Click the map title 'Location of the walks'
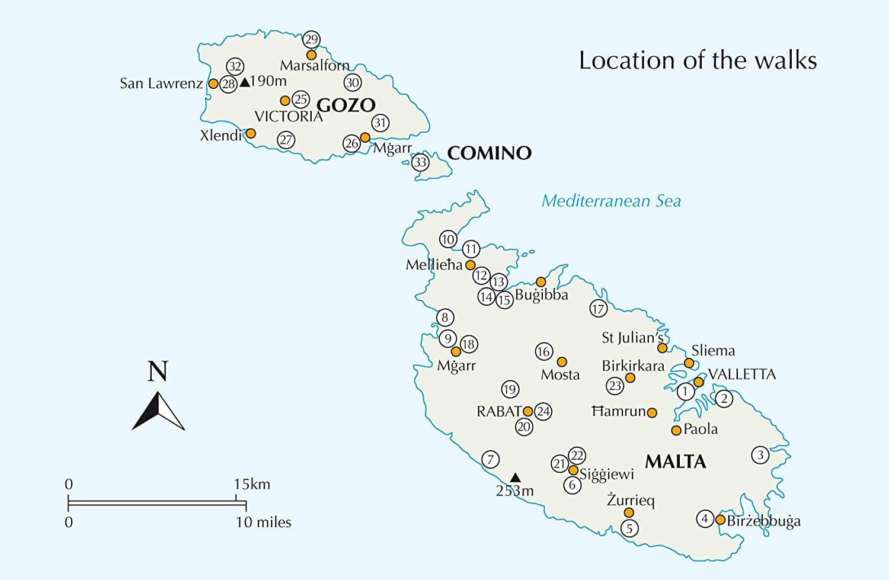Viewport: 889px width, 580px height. [x=698, y=61]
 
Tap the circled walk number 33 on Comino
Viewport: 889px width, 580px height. [x=420, y=162]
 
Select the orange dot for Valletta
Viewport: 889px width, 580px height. [x=699, y=382]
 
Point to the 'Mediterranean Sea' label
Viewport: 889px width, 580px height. [x=611, y=201]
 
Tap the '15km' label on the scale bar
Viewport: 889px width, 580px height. [x=252, y=484]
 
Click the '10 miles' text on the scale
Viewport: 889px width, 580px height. [x=264, y=522]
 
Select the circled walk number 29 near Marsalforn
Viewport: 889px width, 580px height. [x=311, y=40]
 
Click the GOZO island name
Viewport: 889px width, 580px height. [x=346, y=105]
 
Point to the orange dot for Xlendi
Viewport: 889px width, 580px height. [x=251, y=133]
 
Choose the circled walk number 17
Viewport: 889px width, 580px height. [x=599, y=309]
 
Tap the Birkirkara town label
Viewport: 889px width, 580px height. [x=633, y=366]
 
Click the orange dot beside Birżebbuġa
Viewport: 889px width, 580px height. [x=720, y=520]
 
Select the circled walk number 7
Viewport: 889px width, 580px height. [x=490, y=459]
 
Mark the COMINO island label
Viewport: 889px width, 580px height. [x=489, y=153]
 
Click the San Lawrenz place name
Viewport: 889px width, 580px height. [x=161, y=84]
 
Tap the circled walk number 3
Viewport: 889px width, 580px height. [x=760, y=455]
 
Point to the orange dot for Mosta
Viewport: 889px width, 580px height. [x=562, y=362]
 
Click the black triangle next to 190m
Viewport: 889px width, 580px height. [x=244, y=82]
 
